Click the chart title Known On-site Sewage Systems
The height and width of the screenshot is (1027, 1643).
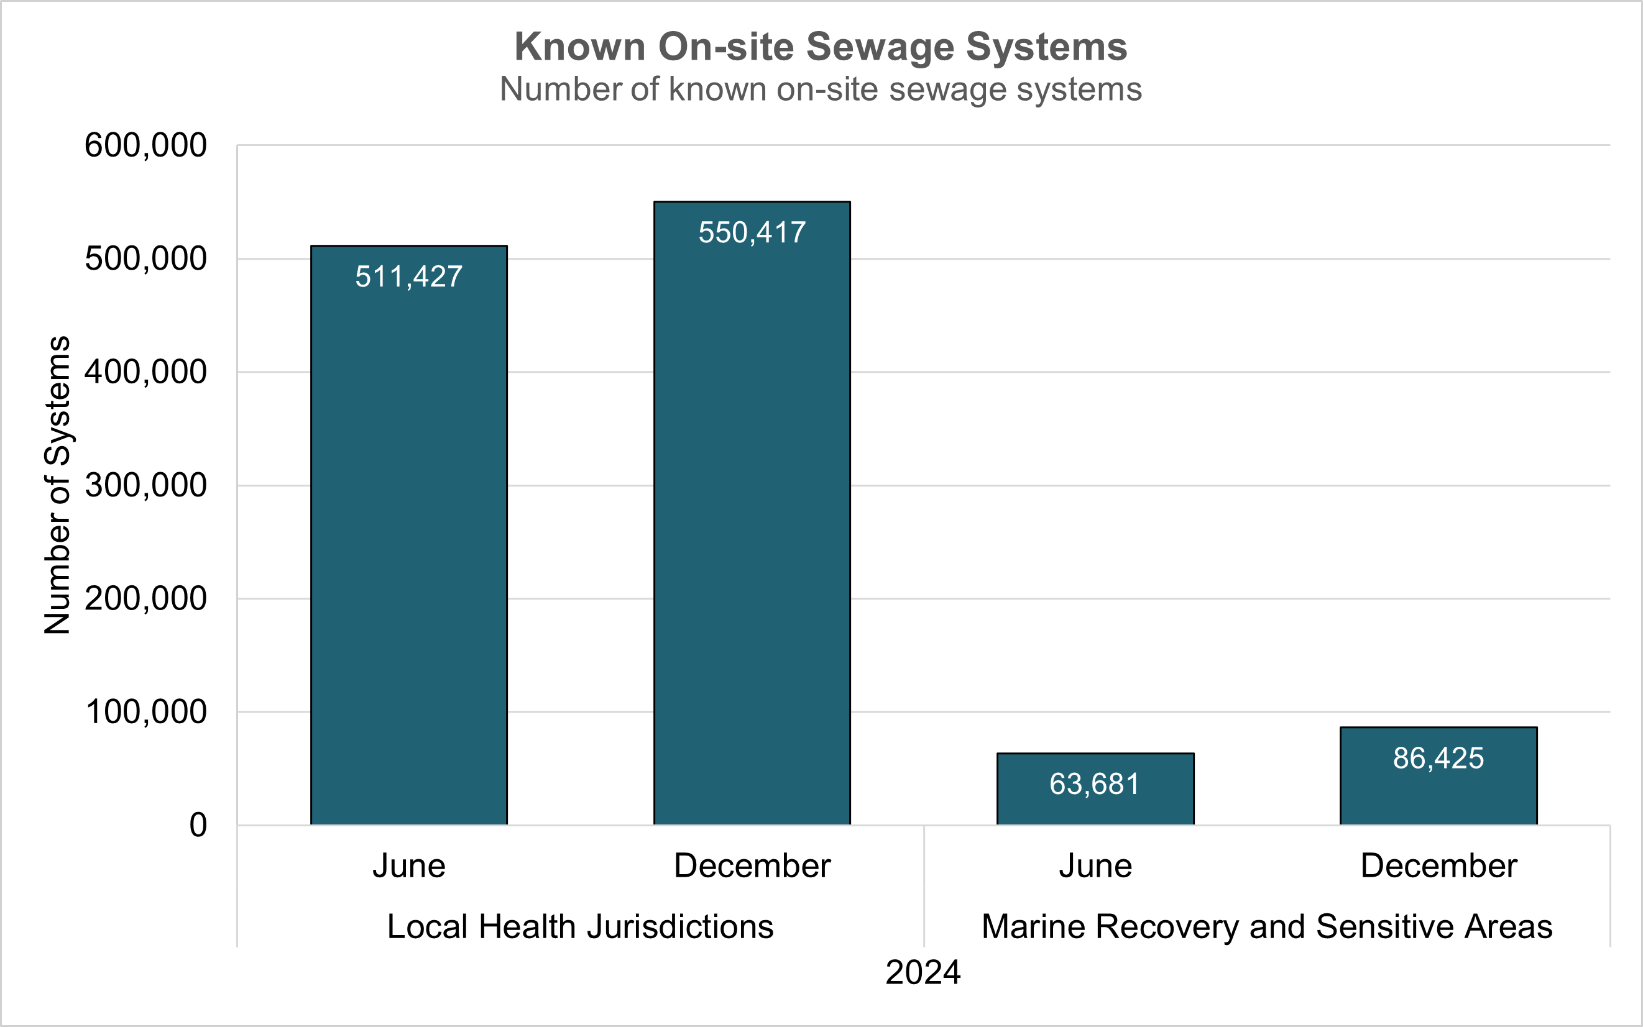(x=821, y=47)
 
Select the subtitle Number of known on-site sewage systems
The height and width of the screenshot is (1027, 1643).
(x=821, y=89)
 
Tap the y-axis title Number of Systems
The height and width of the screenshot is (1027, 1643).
(x=57, y=485)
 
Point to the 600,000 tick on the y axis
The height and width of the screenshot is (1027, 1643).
(x=145, y=145)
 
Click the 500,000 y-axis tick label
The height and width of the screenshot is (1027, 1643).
(x=145, y=259)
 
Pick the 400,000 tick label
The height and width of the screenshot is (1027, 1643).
(x=145, y=372)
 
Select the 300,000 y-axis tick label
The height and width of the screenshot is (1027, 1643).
(x=145, y=486)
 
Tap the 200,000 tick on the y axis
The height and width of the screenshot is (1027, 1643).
(x=145, y=599)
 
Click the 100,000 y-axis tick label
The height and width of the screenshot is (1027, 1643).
(x=145, y=713)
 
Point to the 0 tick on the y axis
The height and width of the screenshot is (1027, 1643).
(x=198, y=826)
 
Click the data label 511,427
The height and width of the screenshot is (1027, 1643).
(x=409, y=277)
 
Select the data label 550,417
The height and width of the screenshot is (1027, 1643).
(x=752, y=233)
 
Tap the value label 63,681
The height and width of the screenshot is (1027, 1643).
(x=1095, y=785)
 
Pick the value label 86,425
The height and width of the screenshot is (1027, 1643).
(x=1438, y=759)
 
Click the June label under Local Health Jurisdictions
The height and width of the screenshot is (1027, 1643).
(x=409, y=866)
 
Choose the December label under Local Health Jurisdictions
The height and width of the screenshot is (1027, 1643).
(x=752, y=866)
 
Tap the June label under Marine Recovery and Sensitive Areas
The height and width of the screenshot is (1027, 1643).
(x=1095, y=866)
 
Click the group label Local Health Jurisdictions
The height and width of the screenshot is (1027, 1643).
(x=580, y=927)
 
